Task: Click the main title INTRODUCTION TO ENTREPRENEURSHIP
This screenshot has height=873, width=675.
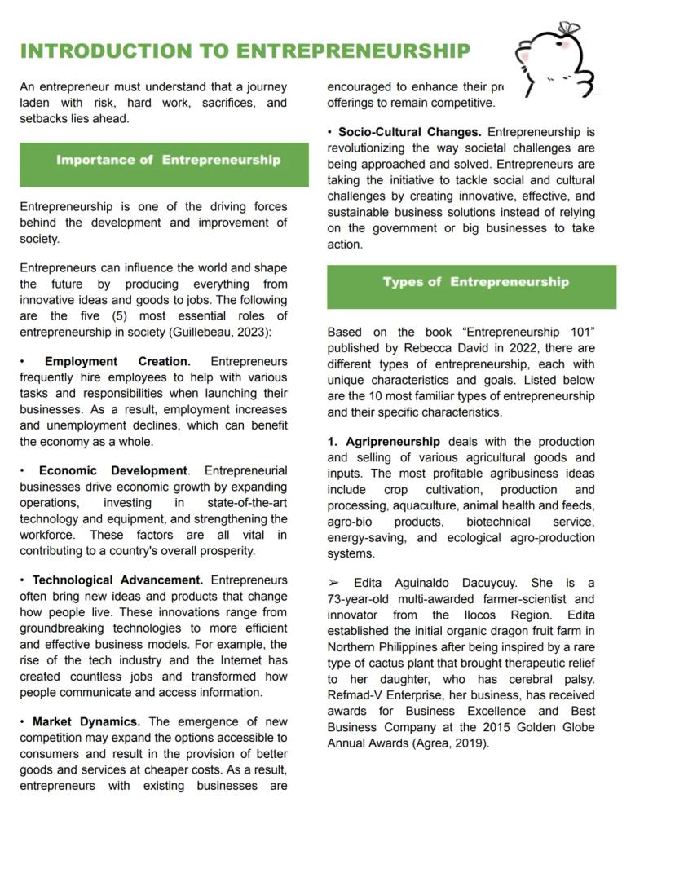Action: (245, 51)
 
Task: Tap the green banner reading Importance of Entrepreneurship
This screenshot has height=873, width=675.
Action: (168, 160)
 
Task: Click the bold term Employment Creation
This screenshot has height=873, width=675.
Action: (117, 361)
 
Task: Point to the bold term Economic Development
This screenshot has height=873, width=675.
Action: (113, 470)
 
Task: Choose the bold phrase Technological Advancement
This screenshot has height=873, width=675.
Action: (117, 580)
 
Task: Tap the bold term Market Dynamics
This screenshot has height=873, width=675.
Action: (86, 721)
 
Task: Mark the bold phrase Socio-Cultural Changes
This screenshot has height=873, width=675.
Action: (409, 131)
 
